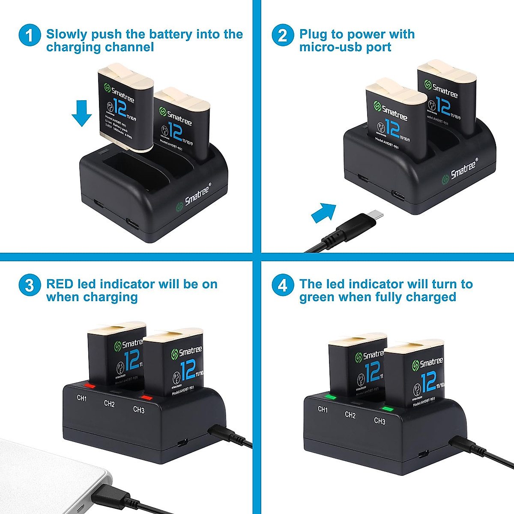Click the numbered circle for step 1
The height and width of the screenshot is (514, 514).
click(30, 35)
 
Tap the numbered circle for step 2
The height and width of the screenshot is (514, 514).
click(283, 35)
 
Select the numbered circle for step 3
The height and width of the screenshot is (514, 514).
click(30, 285)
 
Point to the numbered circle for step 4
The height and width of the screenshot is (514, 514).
click(283, 285)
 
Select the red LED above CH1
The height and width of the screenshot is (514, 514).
click(90, 385)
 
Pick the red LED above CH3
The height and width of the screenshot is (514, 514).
click(146, 397)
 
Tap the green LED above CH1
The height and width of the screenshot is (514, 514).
click(331, 397)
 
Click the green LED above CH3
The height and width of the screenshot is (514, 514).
click(388, 409)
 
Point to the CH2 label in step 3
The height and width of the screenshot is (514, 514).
click(109, 403)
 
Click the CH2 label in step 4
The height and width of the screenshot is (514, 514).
click(350, 415)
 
